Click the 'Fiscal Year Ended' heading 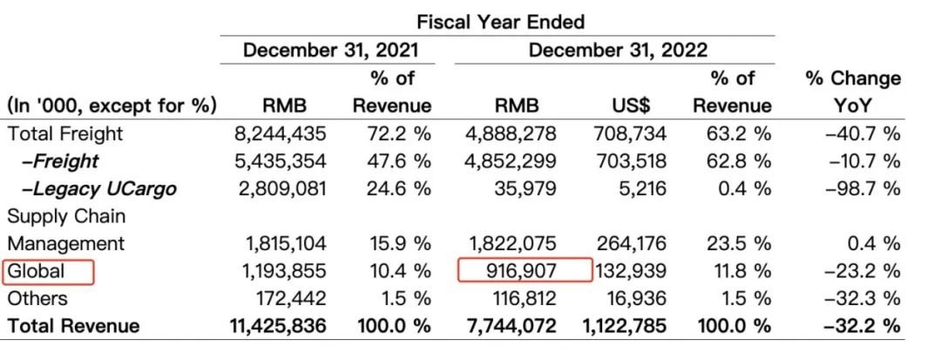(500, 21)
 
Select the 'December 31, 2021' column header (330, 50)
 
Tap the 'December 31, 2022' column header (618, 50)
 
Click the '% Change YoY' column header (853, 92)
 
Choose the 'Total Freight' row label (65, 133)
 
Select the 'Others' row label (37, 298)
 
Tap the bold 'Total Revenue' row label (73, 326)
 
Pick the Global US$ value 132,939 (632, 271)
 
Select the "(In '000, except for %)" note (112, 106)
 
